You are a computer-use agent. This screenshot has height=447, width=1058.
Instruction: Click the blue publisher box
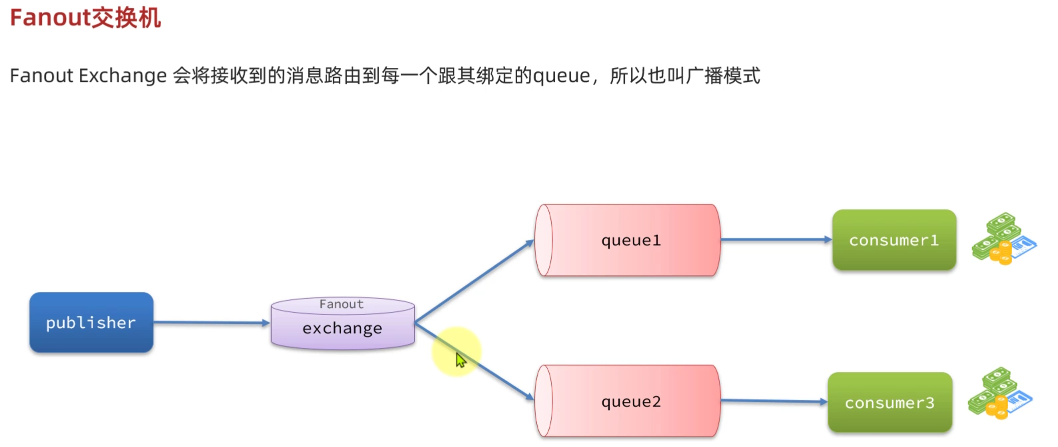[x=91, y=322]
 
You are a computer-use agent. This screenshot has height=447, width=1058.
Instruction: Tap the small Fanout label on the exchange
[x=342, y=304]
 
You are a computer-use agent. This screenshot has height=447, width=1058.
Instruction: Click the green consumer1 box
[x=894, y=240]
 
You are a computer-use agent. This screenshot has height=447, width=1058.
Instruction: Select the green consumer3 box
[x=889, y=402]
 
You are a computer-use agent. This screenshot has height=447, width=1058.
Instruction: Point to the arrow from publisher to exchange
[x=210, y=322]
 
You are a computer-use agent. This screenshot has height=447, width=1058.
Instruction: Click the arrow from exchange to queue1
[x=473, y=281]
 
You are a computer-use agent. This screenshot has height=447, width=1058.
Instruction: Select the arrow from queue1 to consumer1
[x=775, y=240]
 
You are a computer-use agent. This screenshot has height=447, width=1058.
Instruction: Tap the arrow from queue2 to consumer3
[x=773, y=400]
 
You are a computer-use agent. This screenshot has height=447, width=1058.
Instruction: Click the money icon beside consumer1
[x=1003, y=239]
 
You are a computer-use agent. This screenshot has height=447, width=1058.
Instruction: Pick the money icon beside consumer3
[x=999, y=393]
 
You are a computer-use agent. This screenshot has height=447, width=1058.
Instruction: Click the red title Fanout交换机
[x=86, y=18]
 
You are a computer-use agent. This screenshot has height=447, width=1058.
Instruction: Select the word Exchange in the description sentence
[x=123, y=76]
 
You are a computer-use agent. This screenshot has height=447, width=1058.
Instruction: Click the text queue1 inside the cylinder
[x=631, y=240]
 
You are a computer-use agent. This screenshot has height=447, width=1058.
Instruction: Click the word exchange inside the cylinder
[x=342, y=328]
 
